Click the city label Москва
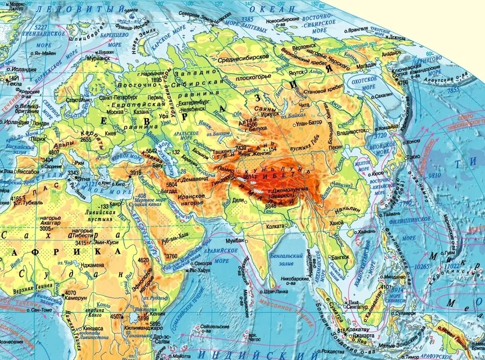coord(115,111)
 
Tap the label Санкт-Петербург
coord(118,96)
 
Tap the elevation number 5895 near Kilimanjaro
coord(155,324)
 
